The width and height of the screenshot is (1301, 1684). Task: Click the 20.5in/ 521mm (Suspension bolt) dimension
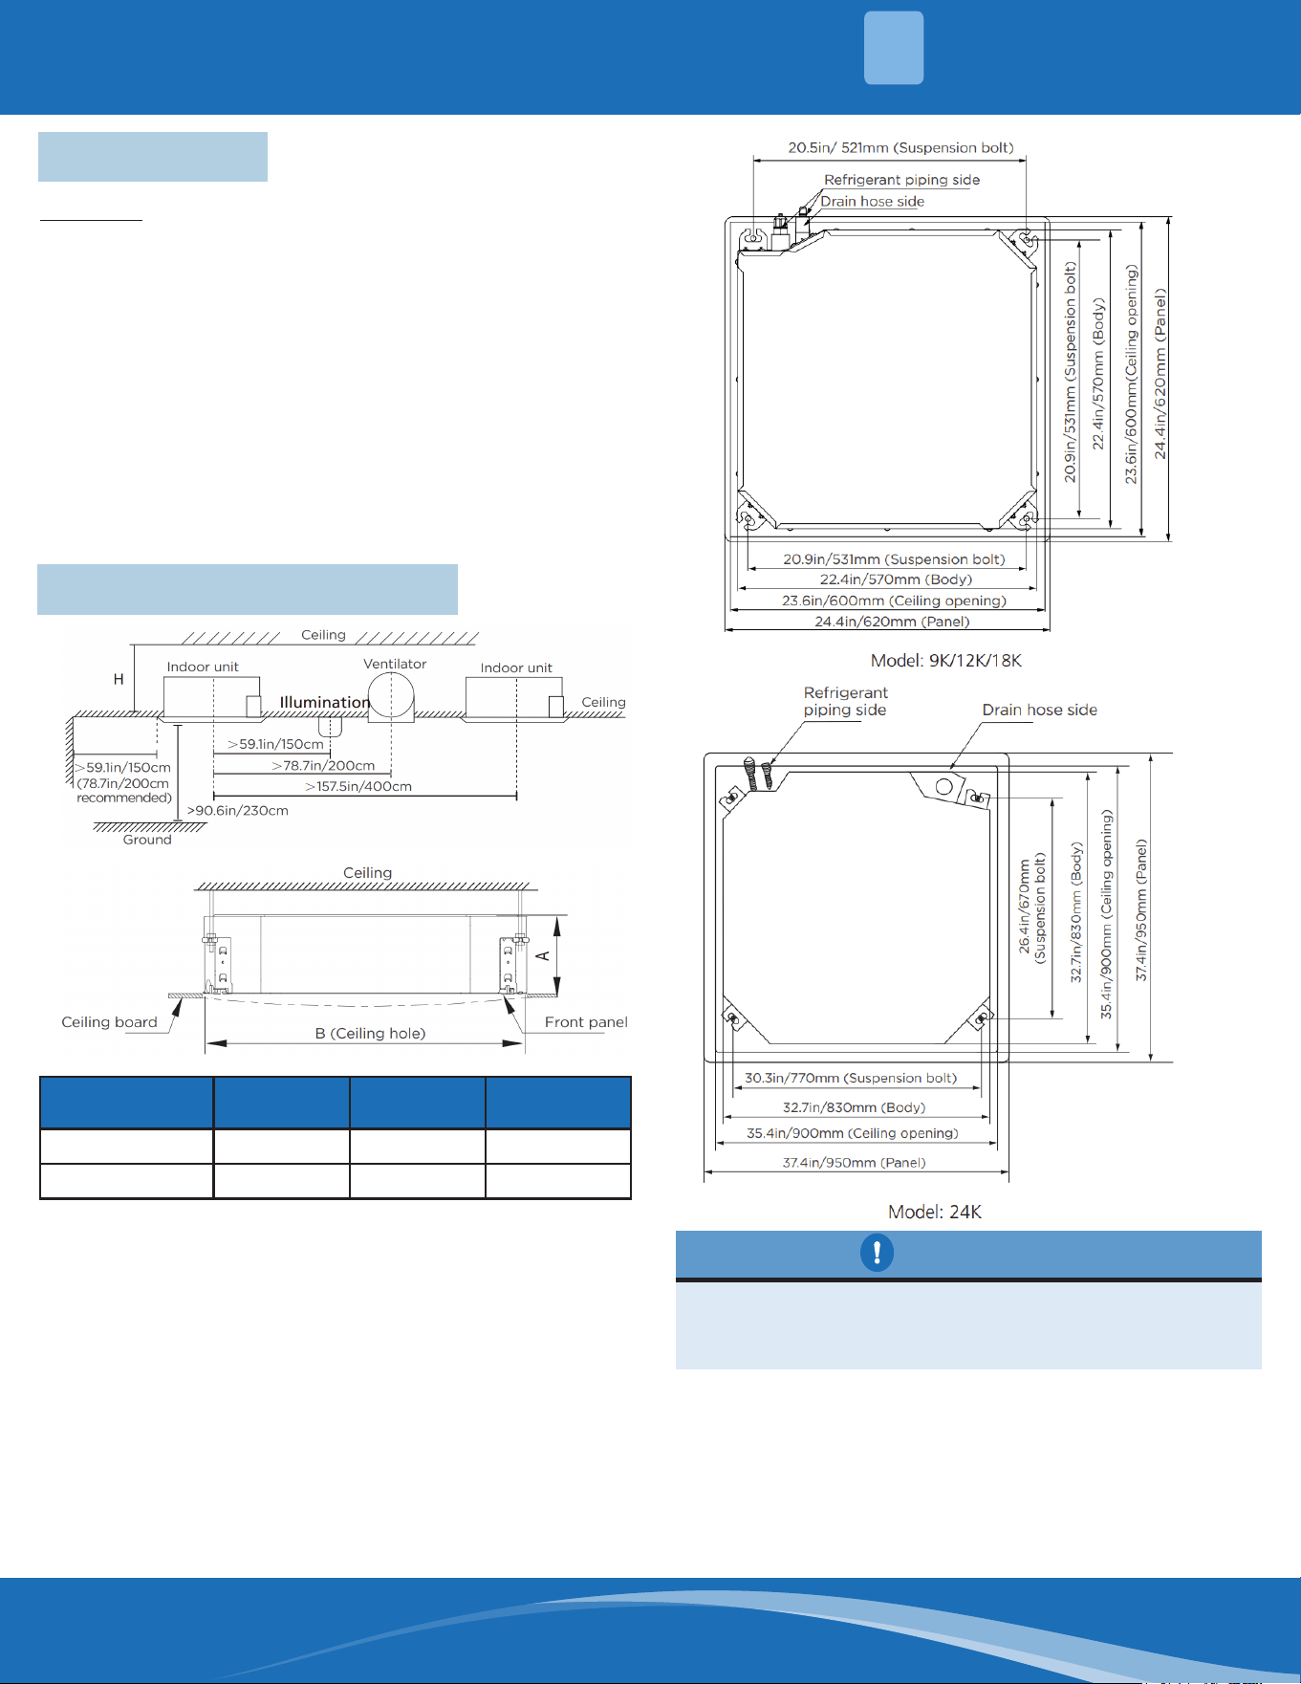pyautogui.click(x=900, y=148)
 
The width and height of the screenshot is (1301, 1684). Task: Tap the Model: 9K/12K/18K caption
pyautogui.click(x=946, y=661)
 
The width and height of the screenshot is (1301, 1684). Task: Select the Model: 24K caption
pyautogui.click(x=935, y=1212)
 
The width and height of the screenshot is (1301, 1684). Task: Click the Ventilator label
pyautogui.click(x=395, y=664)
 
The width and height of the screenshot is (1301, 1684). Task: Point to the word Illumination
pyautogui.click(x=325, y=702)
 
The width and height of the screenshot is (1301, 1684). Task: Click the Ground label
pyautogui.click(x=147, y=840)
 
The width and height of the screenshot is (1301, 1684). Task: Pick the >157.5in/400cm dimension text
pyautogui.click(x=358, y=786)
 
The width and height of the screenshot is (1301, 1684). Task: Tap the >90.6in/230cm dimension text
pyautogui.click(x=238, y=811)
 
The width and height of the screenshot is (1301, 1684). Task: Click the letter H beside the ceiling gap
pyautogui.click(x=119, y=679)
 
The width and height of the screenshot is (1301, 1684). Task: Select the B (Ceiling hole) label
pyautogui.click(x=371, y=1033)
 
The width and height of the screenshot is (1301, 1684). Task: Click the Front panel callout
pyautogui.click(x=586, y=1022)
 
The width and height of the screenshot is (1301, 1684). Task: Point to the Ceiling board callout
pyautogui.click(x=109, y=1022)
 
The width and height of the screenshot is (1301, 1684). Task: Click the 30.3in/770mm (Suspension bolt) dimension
pyautogui.click(x=851, y=1078)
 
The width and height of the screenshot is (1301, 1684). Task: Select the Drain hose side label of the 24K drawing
pyautogui.click(x=1040, y=710)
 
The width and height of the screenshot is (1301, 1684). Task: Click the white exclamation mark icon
pyautogui.click(x=877, y=1253)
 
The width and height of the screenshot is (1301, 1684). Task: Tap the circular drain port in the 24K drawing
pyautogui.click(x=944, y=786)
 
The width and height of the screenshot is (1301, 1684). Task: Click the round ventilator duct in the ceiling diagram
pyautogui.click(x=392, y=696)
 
